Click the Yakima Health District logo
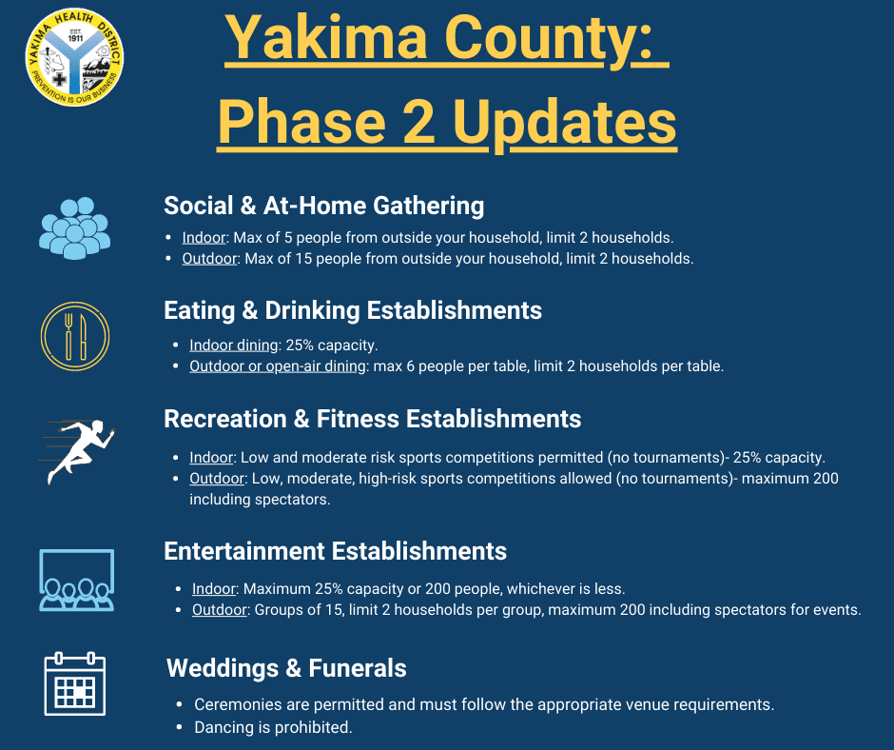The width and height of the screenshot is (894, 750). click(75, 58)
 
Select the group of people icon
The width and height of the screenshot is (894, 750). click(75, 227)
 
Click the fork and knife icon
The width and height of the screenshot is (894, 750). click(75, 335)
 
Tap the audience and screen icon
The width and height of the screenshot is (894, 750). click(76, 580)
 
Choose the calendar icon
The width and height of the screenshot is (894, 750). click(75, 683)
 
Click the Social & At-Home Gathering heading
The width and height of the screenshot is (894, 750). click(323, 206)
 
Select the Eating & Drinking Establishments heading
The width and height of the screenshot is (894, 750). click(353, 310)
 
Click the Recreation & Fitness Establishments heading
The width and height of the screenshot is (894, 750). click(372, 419)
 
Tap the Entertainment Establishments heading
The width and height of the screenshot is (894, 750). click(335, 551)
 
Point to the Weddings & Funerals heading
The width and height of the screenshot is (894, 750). click(286, 668)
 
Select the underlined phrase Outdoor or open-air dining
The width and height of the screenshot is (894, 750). click(278, 365)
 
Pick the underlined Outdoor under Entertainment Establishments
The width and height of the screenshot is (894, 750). click(219, 609)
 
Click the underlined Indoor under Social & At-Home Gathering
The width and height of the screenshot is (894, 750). click(204, 237)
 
